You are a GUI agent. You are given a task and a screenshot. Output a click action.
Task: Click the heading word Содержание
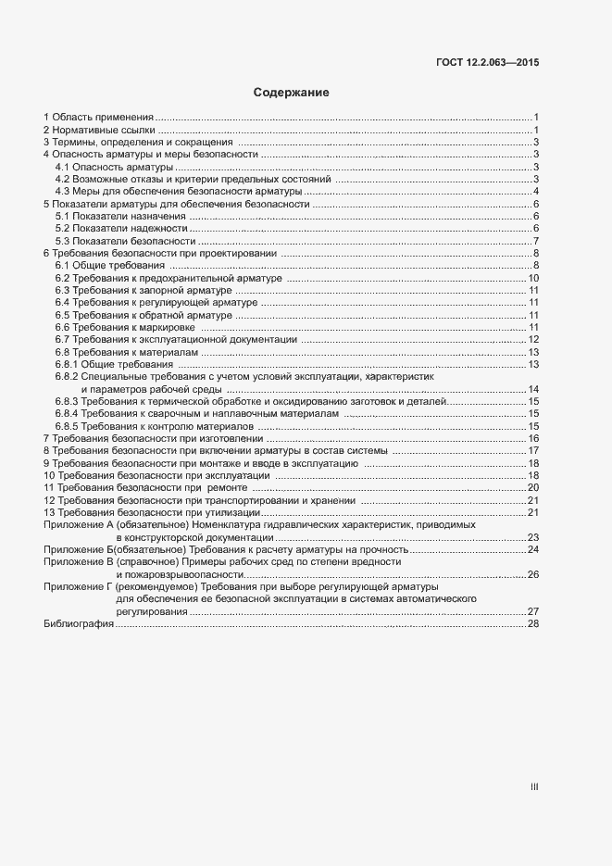[292, 93]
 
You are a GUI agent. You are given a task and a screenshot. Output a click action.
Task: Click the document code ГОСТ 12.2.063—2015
[487, 63]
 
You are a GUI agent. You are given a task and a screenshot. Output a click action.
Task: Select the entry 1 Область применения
[98, 117]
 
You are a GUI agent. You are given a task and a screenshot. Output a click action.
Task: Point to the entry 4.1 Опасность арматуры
[114, 167]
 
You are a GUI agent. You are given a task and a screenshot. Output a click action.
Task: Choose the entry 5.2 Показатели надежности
[121, 229]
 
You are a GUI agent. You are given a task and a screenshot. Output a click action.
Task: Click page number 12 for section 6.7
[533, 340]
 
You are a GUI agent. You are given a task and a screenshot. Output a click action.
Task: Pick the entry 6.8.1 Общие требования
[115, 365]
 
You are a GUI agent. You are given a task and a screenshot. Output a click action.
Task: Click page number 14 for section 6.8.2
[533, 389]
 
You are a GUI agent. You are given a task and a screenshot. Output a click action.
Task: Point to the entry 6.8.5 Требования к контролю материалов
[155, 426]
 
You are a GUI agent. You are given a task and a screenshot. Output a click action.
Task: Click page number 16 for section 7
[533, 438]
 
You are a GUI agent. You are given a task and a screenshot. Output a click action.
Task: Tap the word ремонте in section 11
[227, 487]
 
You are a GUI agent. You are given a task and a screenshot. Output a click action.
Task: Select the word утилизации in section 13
[235, 512]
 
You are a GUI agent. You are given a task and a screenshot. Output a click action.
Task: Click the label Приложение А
[77, 524]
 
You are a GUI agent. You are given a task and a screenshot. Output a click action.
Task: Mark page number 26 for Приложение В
[533, 574]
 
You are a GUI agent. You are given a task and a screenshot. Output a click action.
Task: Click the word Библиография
[79, 624]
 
